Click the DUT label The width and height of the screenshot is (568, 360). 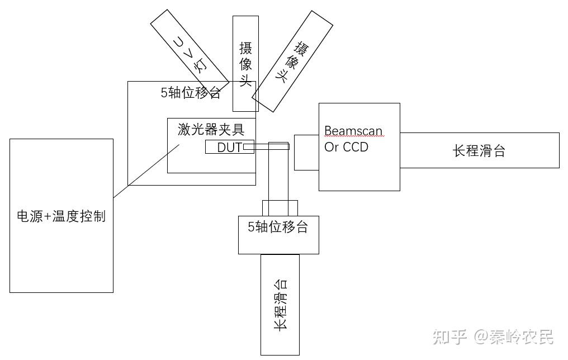pyautogui.click(x=229, y=148)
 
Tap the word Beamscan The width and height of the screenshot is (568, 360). pyautogui.click(x=353, y=131)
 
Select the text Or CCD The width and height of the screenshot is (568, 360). pyautogui.click(x=346, y=148)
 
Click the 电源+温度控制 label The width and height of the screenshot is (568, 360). pyautogui.click(x=61, y=216)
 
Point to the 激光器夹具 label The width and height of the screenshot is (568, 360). pyautogui.click(x=211, y=130)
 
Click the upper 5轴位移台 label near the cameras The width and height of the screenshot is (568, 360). pyautogui.click(x=191, y=93)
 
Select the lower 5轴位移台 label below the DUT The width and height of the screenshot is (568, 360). pyautogui.click(x=278, y=227)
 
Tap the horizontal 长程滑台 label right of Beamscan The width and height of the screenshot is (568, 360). pyautogui.click(x=479, y=151)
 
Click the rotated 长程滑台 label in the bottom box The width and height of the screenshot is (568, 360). pyautogui.click(x=281, y=305)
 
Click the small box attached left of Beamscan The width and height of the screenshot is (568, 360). pyautogui.click(x=306, y=152)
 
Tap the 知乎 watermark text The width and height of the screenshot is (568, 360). pyautogui.click(x=450, y=337)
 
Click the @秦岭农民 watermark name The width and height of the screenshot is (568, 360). pyautogui.click(x=514, y=337)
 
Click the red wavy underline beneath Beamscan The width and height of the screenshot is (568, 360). pyautogui.click(x=353, y=138)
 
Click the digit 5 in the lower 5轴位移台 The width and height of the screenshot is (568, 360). pyautogui.click(x=251, y=227)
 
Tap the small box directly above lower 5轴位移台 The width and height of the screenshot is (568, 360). pyautogui.click(x=280, y=208)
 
